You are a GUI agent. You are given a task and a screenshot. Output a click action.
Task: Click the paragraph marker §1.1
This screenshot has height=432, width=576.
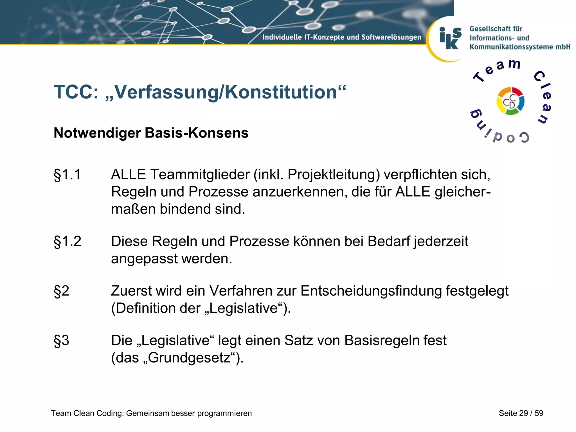click(x=67, y=175)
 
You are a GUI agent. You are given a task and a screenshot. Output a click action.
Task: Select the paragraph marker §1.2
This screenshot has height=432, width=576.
click(x=67, y=241)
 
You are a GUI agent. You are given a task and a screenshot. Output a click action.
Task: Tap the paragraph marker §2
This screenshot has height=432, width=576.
click(x=61, y=291)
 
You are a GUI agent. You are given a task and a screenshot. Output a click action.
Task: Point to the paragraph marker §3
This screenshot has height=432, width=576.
click(x=61, y=341)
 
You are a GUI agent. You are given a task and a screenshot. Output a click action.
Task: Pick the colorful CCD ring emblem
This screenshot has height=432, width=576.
click(x=510, y=101)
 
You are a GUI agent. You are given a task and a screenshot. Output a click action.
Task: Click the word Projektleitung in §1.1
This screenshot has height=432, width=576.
click(x=334, y=175)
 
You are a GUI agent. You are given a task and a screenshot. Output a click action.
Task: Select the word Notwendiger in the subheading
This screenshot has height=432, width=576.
click(x=97, y=133)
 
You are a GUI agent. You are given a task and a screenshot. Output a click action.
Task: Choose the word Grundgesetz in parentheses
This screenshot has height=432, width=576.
click(x=189, y=358)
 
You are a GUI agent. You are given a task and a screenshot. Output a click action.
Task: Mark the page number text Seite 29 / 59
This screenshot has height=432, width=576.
click(x=521, y=413)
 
